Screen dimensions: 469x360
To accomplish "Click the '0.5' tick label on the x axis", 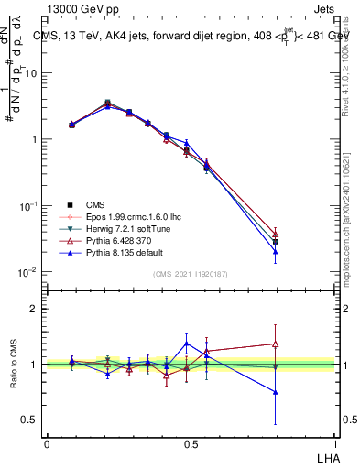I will point(191,444).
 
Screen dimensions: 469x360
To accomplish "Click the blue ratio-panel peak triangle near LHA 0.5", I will point(187,344).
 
